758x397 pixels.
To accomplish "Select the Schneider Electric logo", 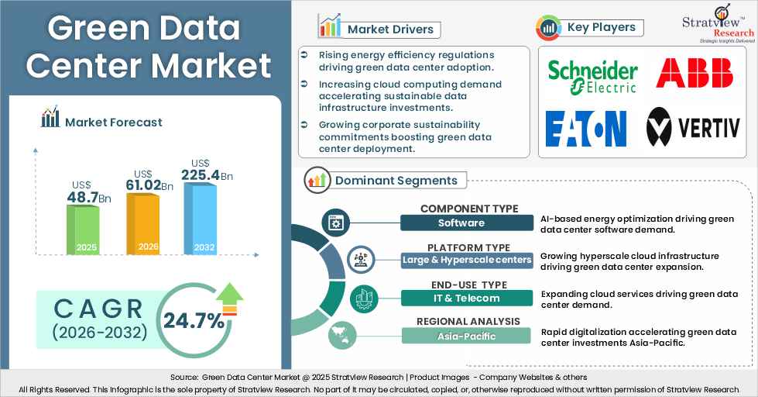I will tap(592, 77).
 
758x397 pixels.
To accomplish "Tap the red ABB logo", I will tap(694, 74).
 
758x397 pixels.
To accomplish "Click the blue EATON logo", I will tap(586, 129).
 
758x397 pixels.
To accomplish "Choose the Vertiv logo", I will tap(694, 127).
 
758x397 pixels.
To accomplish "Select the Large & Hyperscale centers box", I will tap(467, 260).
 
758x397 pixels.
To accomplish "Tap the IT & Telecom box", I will tap(467, 298).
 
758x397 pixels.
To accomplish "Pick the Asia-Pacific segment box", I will tap(467, 336).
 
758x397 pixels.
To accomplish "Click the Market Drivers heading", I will tap(389, 29).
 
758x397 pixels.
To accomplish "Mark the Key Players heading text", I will tap(601, 27).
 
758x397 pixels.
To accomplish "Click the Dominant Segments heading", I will tap(396, 181).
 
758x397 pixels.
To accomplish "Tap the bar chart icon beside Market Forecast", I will tap(50, 118).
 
